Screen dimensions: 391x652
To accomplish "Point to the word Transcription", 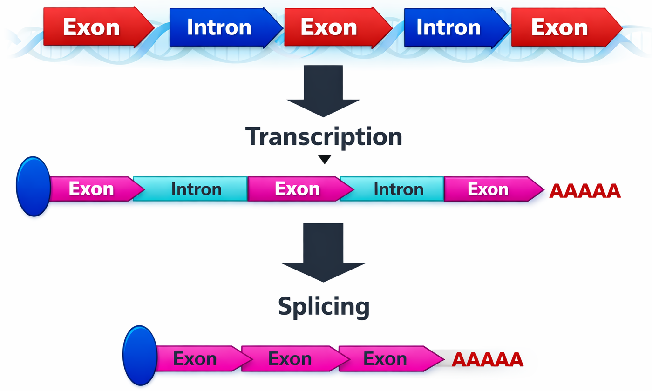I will click(323, 137).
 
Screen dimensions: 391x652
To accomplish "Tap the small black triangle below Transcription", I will click(324, 160).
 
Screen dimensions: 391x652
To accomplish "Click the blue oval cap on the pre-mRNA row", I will click(34, 186).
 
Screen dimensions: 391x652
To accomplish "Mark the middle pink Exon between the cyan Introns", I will click(297, 189).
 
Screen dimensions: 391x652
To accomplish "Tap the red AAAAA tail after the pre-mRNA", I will click(584, 191).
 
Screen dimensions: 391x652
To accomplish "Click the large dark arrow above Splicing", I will click(323, 251).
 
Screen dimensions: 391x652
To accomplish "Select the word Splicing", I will click(323, 306).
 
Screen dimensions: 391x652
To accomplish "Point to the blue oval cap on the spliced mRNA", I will click(140, 355).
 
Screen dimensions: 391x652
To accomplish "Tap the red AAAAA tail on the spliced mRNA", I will click(487, 360).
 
